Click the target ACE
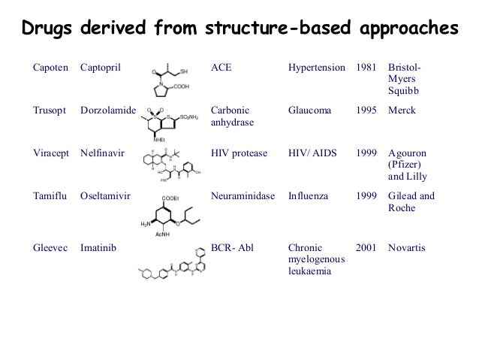click(221, 68)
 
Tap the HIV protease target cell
click(239, 153)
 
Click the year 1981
click(366, 68)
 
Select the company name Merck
click(403, 110)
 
